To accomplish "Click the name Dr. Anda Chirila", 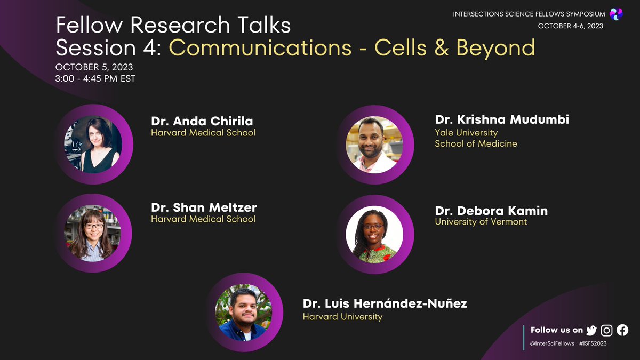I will point(202,121).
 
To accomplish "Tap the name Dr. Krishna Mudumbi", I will point(501,119).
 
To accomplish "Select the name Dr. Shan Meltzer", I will point(204,207).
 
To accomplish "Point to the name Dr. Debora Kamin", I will point(491,210).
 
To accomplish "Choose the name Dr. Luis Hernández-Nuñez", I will point(385,304).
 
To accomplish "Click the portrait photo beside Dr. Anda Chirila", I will point(93,145).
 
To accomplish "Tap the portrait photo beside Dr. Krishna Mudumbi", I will point(375,145).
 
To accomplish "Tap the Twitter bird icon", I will point(591,330).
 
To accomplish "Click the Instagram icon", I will point(607,330).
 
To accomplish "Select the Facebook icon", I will point(622,330).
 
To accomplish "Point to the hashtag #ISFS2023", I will point(593,343).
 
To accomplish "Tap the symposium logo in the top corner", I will point(617,14).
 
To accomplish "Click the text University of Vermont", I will point(481,221).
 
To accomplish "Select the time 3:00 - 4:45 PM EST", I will point(95,79).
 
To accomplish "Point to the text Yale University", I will point(466,132).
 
